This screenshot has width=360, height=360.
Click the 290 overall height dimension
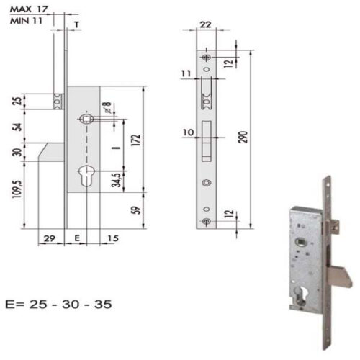pos(244,137)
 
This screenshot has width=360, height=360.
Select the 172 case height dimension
pos(136,140)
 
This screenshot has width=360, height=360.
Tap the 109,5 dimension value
pos(19,189)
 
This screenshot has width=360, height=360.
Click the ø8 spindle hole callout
pos(107,107)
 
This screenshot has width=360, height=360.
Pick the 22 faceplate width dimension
pos(206,24)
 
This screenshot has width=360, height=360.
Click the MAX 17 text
pos(29,9)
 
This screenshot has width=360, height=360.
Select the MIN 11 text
pos(26,21)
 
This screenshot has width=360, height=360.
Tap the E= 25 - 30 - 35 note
pos(58,305)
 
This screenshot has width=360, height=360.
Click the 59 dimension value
pos(136,210)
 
